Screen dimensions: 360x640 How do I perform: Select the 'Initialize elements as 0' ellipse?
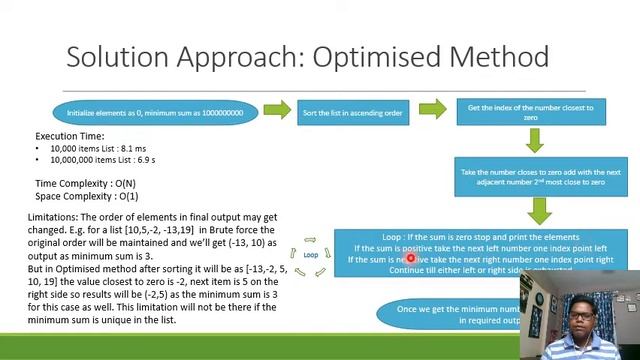coord(155,113)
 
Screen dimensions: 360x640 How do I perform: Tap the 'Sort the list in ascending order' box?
coord(352,113)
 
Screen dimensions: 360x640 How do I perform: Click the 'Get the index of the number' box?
coord(531,112)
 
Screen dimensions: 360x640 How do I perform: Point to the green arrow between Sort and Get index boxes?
coord(432,109)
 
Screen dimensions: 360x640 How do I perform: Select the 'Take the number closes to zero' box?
coord(532,177)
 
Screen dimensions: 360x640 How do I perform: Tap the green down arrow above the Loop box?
coord(539,210)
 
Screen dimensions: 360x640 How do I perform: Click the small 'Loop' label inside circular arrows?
coord(311,255)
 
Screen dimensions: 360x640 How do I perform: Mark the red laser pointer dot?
coord(410,259)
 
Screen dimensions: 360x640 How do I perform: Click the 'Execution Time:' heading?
coord(69,135)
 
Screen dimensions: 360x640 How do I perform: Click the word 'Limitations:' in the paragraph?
coord(53,217)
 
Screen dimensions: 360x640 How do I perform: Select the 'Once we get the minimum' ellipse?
coord(450,314)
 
